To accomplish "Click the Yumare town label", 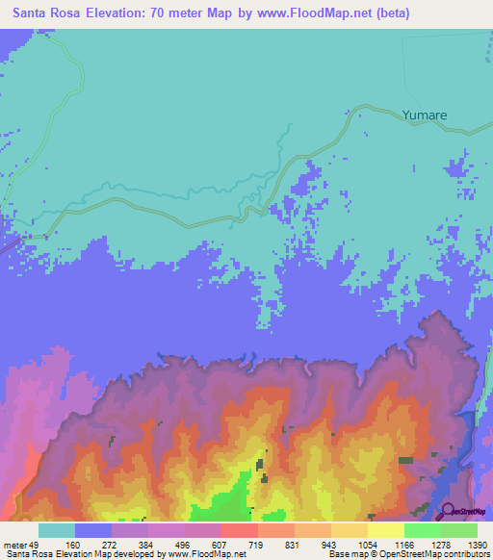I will [424, 115].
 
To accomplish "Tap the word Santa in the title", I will [33, 13].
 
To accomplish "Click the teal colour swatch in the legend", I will [56, 530].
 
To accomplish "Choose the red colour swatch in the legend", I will [239, 530].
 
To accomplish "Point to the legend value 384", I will [147, 545].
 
